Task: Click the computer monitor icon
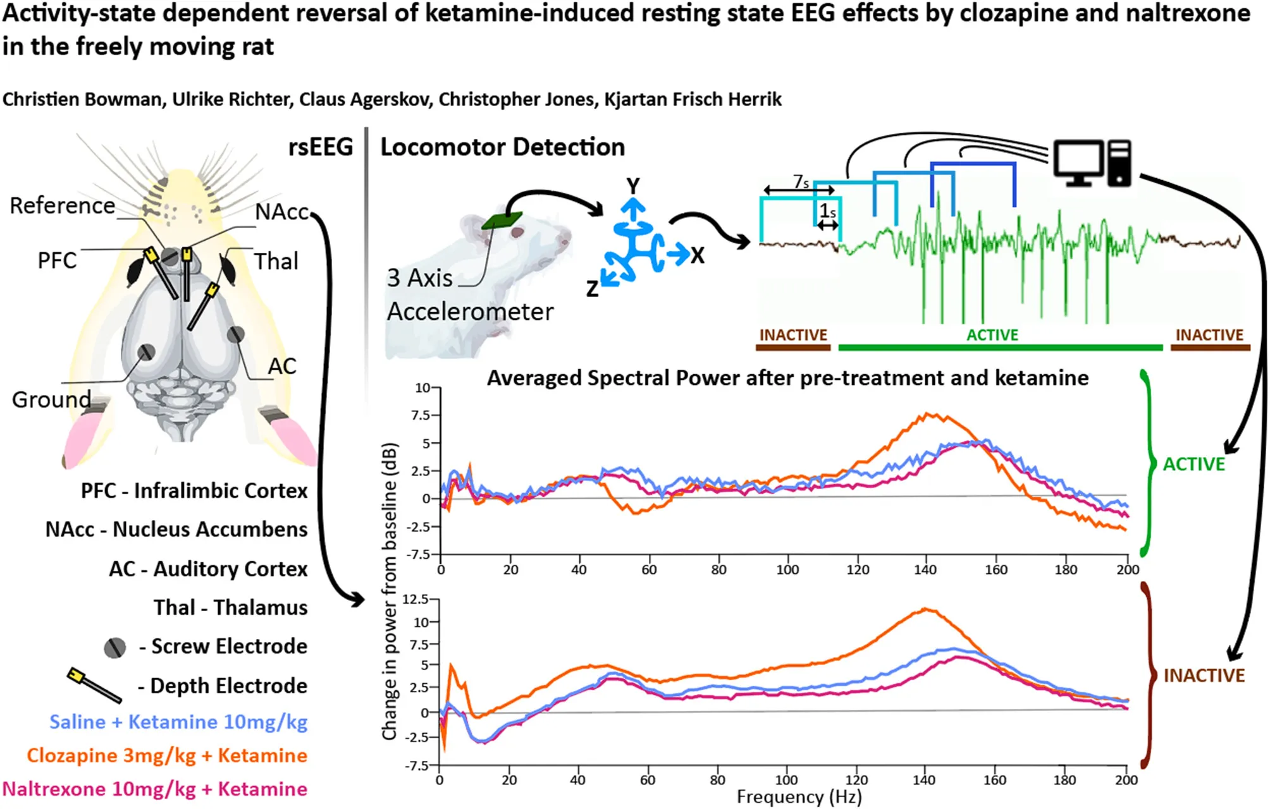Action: (1078, 162)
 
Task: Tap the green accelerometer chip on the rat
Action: (502, 221)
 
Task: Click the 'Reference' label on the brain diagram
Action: (63, 205)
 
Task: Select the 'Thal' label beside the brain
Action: (276, 261)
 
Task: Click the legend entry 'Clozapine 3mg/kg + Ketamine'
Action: (167, 755)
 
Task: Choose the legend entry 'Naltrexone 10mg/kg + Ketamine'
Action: (155, 789)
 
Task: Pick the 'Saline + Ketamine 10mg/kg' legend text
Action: (178, 722)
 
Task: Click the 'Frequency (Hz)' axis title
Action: (799, 796)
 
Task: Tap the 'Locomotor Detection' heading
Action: (502, 147)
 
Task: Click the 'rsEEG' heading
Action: (321, 147)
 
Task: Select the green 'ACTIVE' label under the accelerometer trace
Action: (992, 335)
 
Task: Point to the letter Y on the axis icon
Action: (632, 186)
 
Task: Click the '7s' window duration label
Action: (801, 182)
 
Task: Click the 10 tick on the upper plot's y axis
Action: (422, 387)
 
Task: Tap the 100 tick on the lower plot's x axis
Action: (786, 780)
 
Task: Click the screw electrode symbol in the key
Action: (114, 647)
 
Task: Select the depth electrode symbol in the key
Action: (94, 685)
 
